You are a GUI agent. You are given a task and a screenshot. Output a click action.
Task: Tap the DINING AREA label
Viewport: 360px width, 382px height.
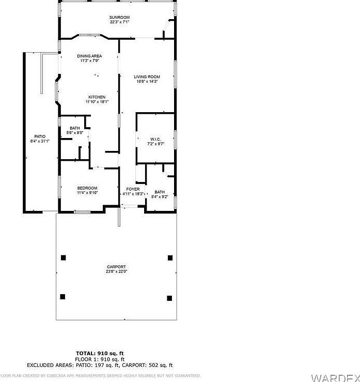(x=89, y=56)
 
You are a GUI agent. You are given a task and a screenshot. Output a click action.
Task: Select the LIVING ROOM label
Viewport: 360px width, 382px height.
(x=147, y=77)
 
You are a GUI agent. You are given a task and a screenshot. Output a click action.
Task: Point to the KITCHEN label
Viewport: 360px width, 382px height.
(x=97, y=97)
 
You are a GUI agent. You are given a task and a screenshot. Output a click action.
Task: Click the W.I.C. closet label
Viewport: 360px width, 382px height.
(x=156, y=139)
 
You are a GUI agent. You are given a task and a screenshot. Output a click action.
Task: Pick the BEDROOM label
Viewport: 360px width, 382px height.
(x=87, y=188)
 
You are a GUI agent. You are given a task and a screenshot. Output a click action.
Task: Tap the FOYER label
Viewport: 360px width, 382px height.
(x=133, y=189)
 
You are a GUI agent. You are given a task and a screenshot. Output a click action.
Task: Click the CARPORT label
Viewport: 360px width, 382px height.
(x=117, y=267)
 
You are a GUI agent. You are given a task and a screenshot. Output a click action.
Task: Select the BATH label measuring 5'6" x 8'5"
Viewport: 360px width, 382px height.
(x=75, y=128)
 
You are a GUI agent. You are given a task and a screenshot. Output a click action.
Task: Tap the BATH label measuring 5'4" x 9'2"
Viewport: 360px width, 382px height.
(x=160, y=192)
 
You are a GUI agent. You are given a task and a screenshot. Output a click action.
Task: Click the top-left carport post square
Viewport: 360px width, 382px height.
(x=64, y=257)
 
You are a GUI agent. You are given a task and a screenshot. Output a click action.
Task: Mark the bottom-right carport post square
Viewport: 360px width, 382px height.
(x=169, y=298)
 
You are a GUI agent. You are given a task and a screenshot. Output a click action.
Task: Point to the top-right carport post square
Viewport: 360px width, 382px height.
(x=169, y=257)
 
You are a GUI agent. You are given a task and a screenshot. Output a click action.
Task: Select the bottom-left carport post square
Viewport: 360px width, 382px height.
(x=62, y=297)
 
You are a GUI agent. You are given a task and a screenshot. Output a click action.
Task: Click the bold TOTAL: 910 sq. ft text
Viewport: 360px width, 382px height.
(x=100, y=353)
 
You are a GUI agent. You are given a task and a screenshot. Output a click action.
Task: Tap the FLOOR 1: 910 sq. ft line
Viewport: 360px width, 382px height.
(x=100, y=359)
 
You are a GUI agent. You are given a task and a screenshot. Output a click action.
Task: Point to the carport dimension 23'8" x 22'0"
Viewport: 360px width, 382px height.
(x=117, y=271)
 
